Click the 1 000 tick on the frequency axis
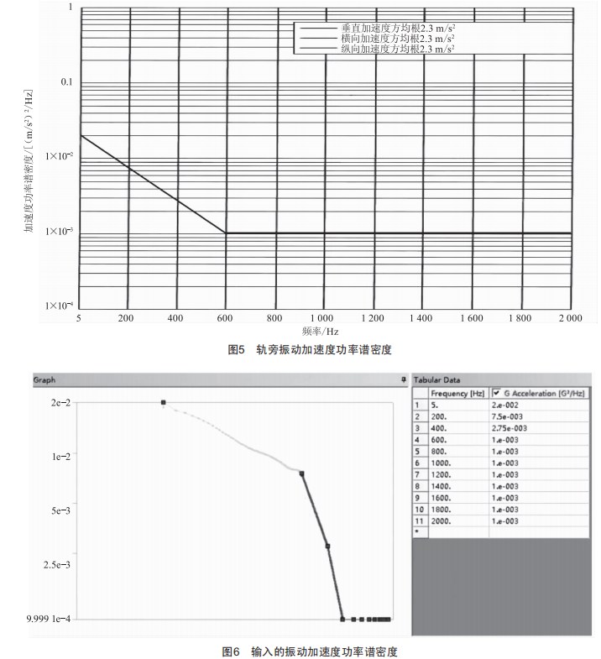point(324,319)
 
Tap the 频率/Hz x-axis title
point(324,332)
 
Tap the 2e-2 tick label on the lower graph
point(60,403)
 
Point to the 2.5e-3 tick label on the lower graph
point(56,565)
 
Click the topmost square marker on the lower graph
point(163,403)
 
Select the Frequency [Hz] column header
point(457,393)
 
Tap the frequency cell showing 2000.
point(442,520)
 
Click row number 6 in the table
point(419,463)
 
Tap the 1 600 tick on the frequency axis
point(472,319)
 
